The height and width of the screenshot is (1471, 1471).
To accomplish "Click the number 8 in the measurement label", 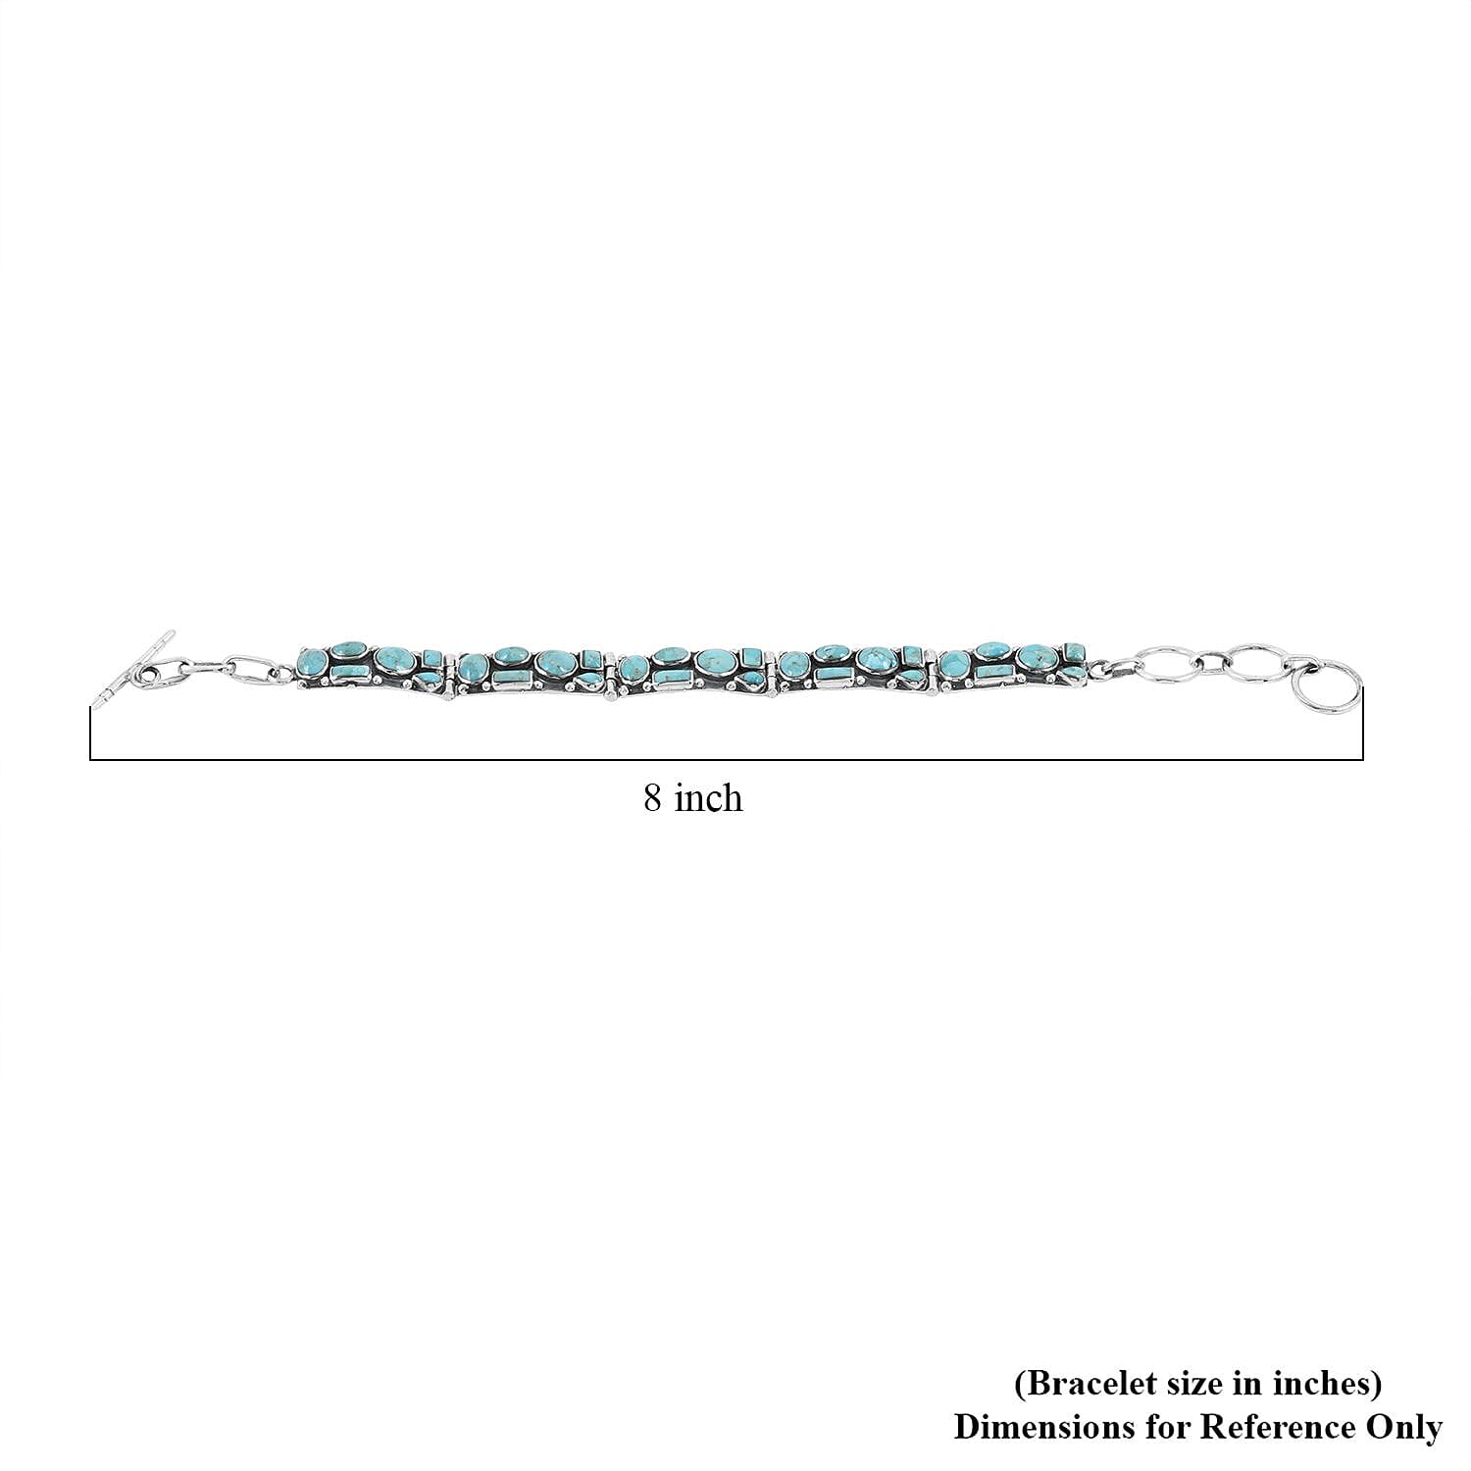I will [653, 798].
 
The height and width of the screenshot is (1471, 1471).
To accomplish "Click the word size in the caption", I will [1187, 1383].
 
